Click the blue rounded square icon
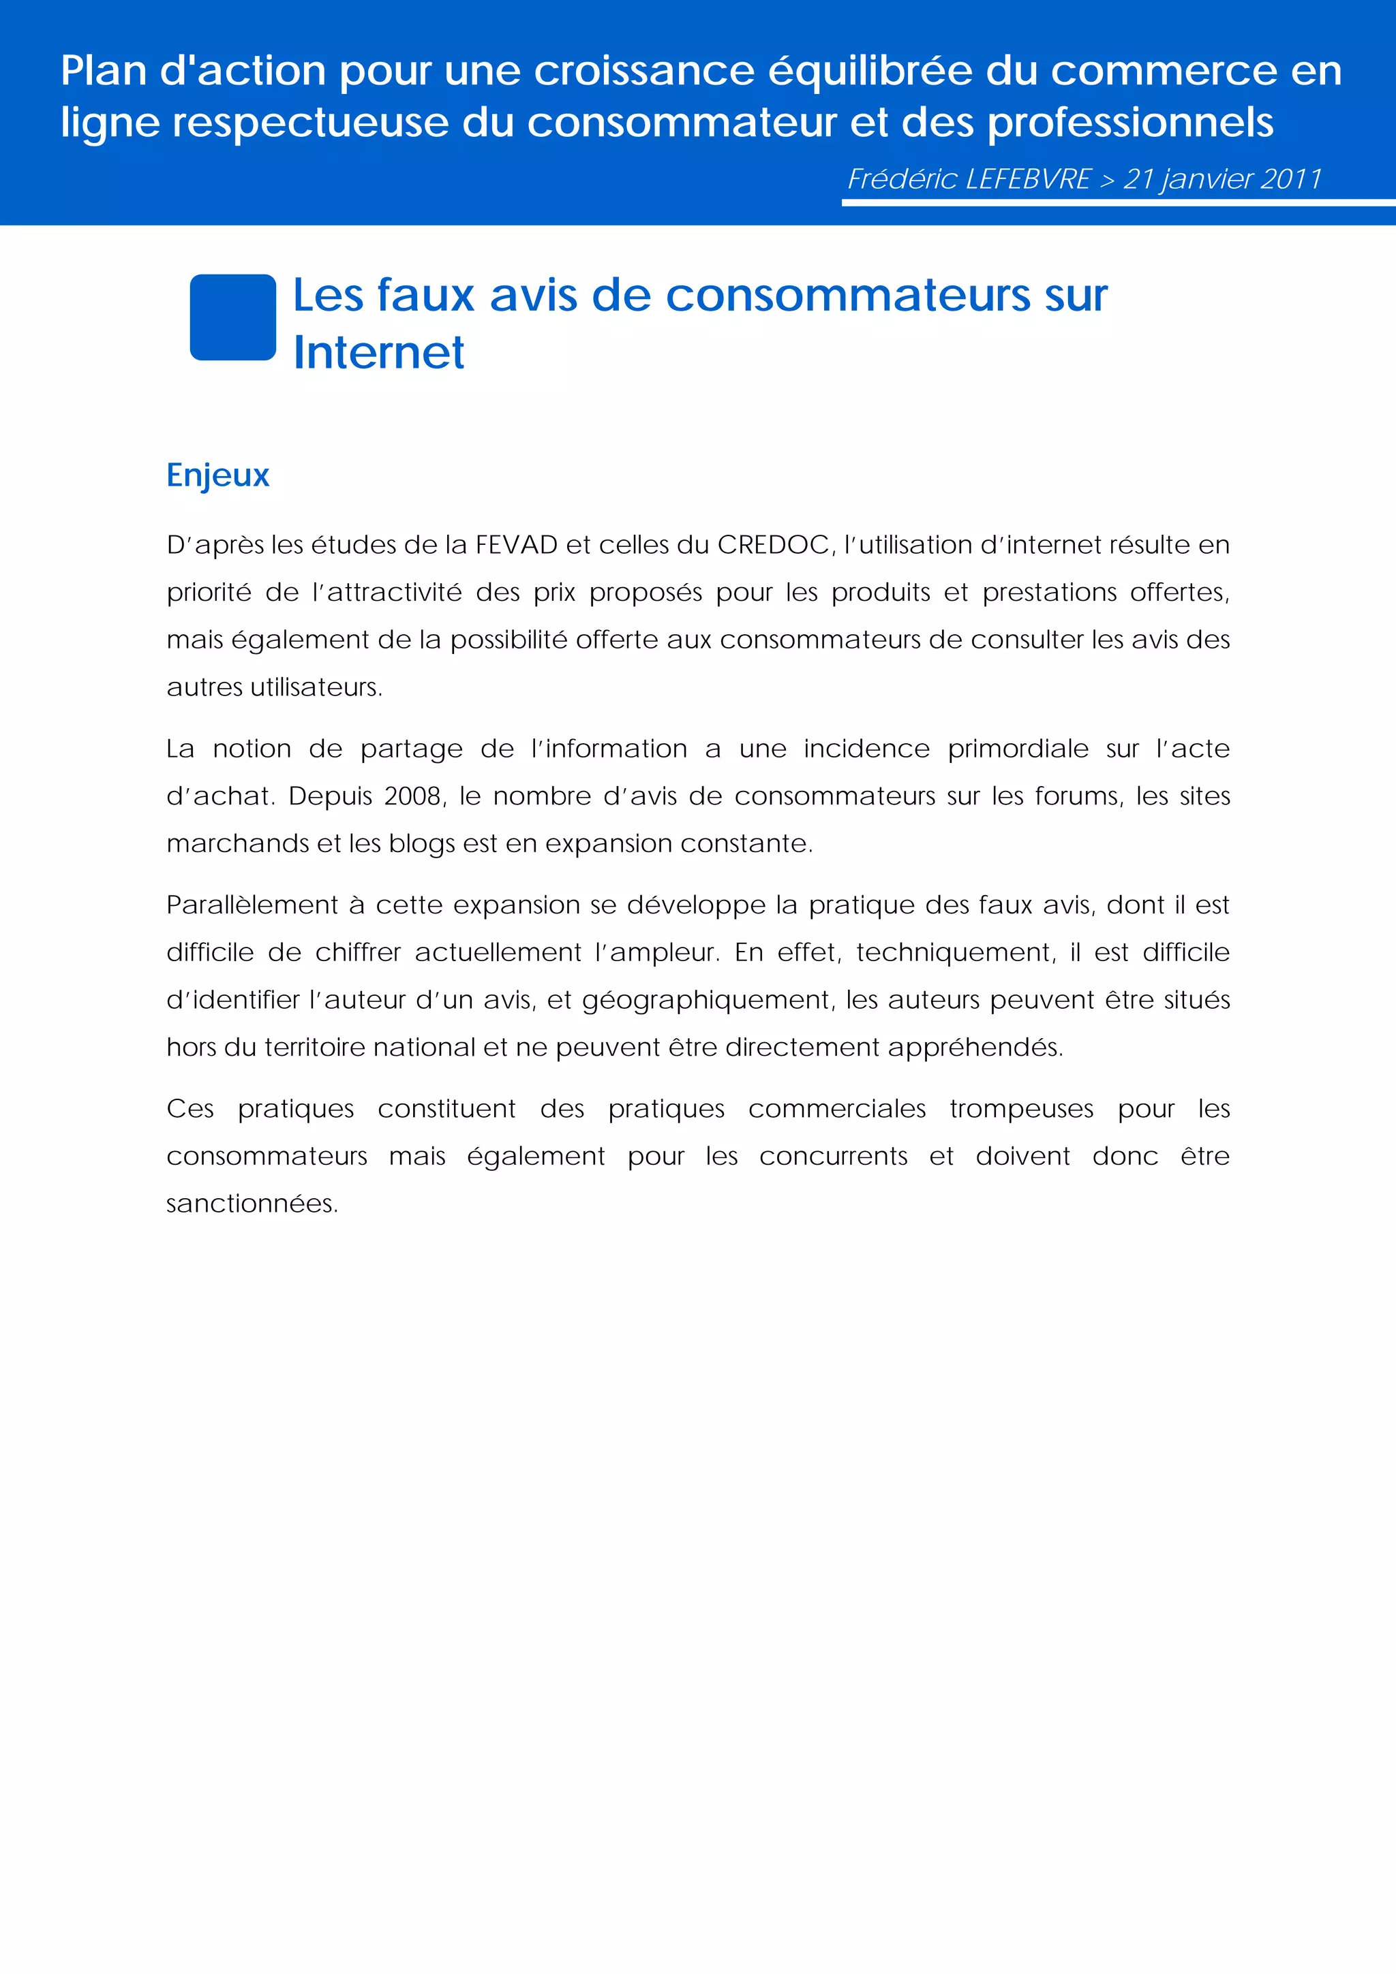point(232,317)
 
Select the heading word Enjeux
point(217,475)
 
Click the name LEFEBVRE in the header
point(1028,179)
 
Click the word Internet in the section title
point(378,353)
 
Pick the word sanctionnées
point(250,1204)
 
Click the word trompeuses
point(1021,1109)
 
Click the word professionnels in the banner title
point(1129,123)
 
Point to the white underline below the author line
point(1118,203)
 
